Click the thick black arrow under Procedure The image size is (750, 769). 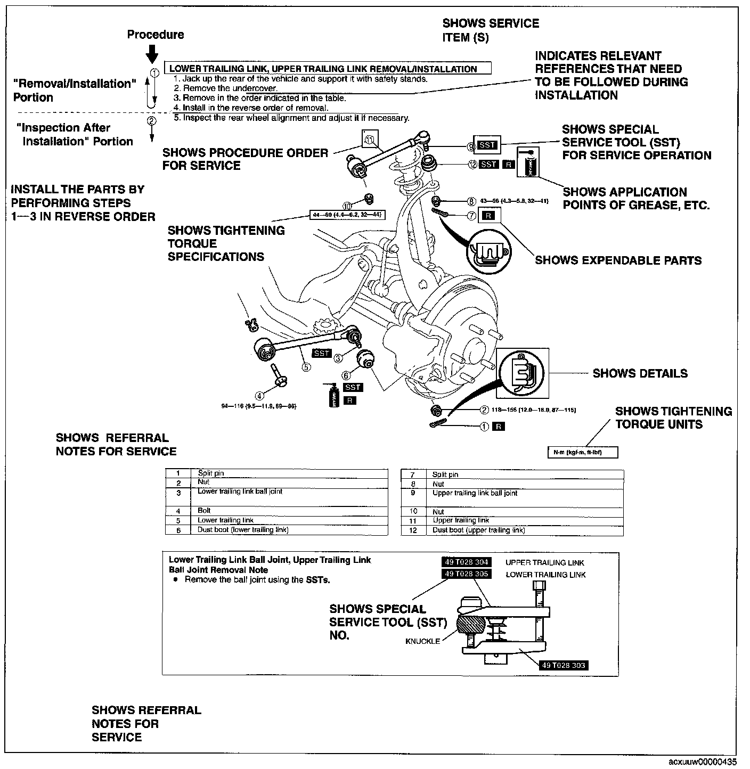[x=152, y=53]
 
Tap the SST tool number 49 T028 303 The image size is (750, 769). [x=564, y=665]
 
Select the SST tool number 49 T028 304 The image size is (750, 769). [x=467, y=562]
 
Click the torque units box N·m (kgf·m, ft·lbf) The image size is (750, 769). [x=583, y=453]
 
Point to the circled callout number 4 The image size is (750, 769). [x=259, y=395]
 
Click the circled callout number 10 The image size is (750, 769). [x=347, y=206]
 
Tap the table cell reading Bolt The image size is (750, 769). [x=204, y=511]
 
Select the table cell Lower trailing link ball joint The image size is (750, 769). [x=240, y=492]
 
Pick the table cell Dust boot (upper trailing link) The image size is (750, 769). [x=478, y=530]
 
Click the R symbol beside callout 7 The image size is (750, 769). [x=490, y=216]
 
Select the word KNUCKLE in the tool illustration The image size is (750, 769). [x=423, y=641]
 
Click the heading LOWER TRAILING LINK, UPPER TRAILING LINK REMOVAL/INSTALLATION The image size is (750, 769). [x=323, y=69]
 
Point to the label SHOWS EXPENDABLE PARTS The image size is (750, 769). [x=618, y=260]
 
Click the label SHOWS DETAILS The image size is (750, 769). [x=640, y=373]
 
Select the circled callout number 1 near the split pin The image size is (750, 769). [x=485, y=426]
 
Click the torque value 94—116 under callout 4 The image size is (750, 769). [x=258, y=406]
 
